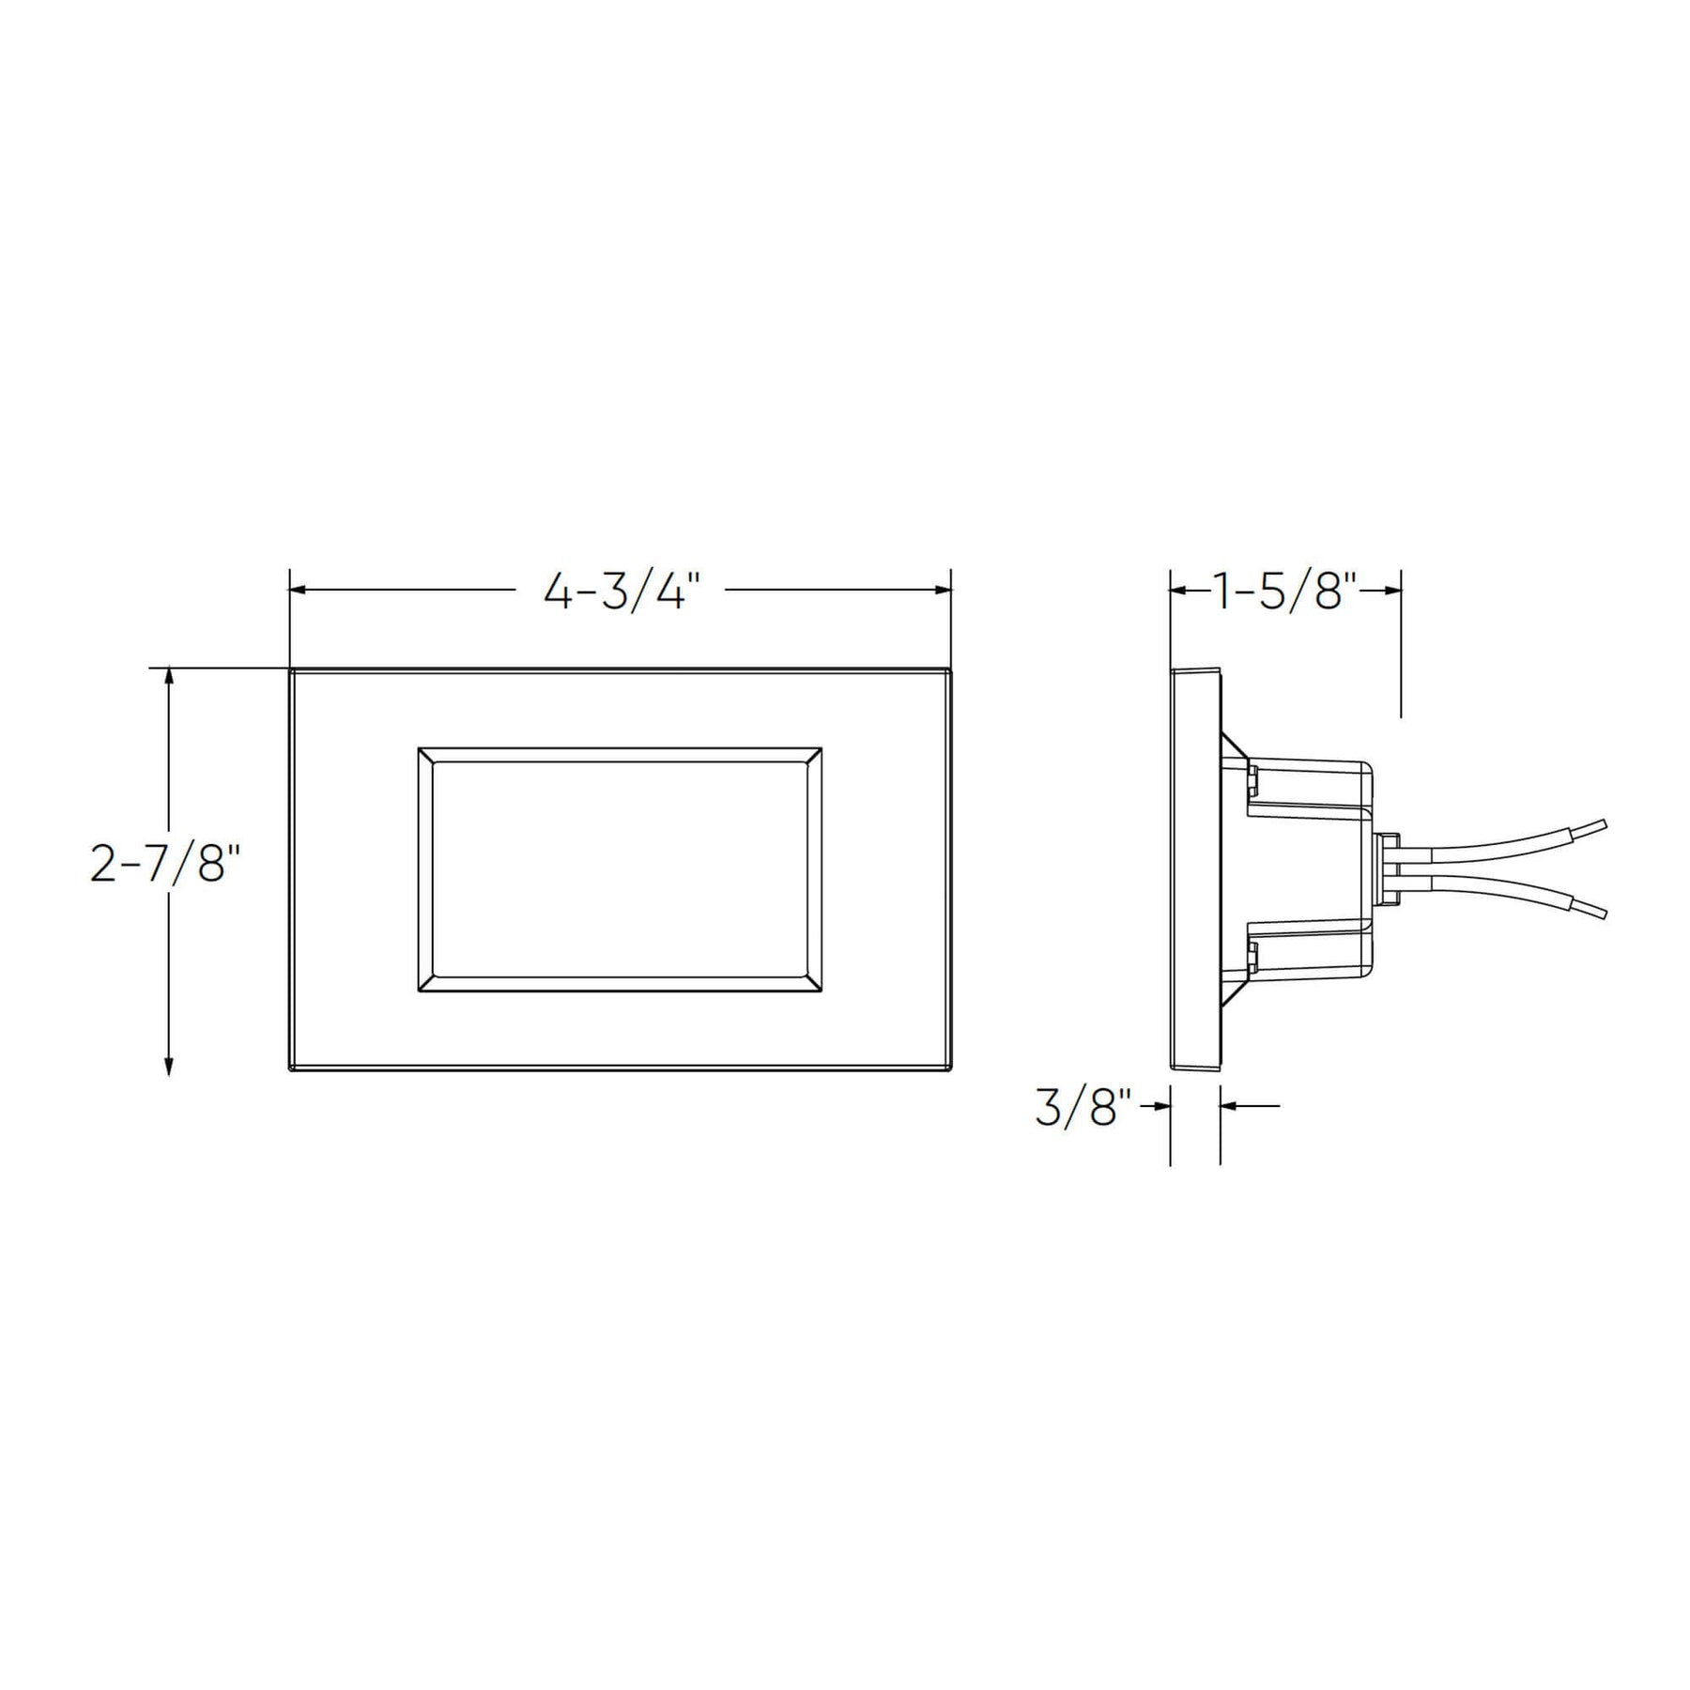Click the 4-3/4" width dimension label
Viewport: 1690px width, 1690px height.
(622, 592)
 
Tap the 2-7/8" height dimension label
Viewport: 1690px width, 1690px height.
(160, 864)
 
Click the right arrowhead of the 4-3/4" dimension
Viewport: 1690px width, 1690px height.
(941, 591)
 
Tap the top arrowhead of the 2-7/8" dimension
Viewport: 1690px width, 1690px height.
(169, 679)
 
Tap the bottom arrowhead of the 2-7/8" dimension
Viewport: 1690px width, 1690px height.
(169, 1064)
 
